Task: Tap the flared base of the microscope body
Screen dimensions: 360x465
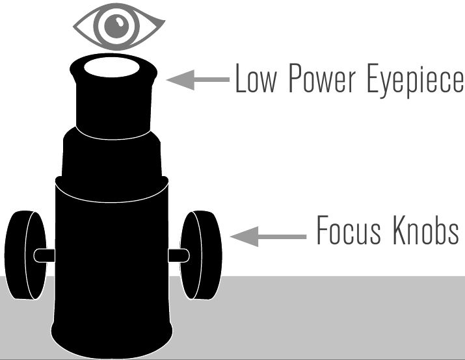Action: [112, 325]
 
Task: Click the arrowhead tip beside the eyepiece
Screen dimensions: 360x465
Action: [169, 79]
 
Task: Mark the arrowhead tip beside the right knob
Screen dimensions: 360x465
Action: [232, 236]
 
